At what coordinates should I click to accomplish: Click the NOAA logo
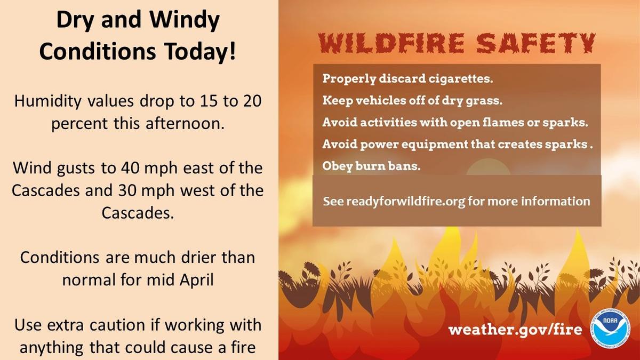coord(610,329)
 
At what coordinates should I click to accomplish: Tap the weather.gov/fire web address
coord(515,330)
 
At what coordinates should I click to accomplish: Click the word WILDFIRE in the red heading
coord(391,43)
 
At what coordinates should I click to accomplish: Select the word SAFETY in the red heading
coord(535,43)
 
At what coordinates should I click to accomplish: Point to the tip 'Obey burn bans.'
coord(371,166)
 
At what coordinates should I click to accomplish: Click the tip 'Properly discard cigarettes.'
coord(407,78)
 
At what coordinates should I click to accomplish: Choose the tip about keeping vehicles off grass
coord(412,101)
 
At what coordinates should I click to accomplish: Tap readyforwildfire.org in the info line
coord(406,202)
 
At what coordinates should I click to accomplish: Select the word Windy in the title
coord(185,21)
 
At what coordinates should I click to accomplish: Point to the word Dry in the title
coord(75,21)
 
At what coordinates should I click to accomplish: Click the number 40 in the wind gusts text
coord(130,168)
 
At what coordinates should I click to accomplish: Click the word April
coord(197,280)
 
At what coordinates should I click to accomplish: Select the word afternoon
coord(185,123)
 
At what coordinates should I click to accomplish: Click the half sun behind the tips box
coord(489,166)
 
